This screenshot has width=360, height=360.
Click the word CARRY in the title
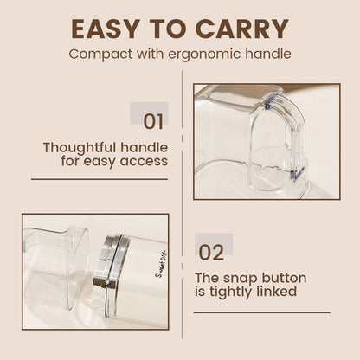[x=242, y=28]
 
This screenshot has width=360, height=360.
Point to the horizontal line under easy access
[x=99, y=179]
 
